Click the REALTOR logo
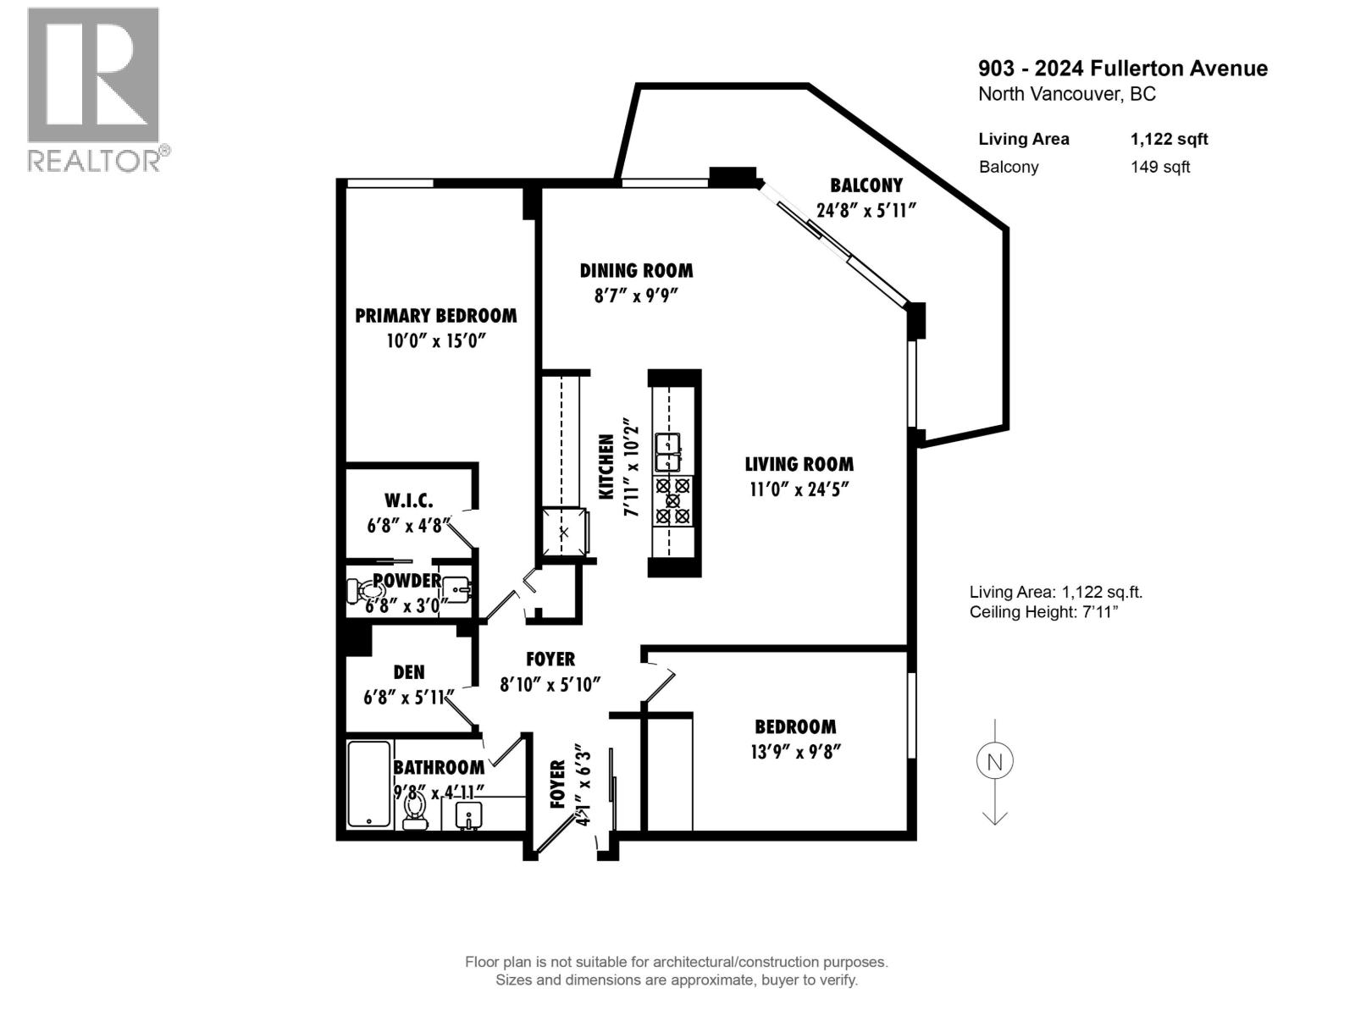tap(94, 89)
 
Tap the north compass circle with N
tap(994, 761)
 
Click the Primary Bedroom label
tap(435, 316)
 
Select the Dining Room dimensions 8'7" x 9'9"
tap(636, 295)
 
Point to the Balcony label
tap(866, 185)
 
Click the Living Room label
tap(799, 464)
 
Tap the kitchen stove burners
tap(672, 500)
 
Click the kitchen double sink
tap(669, 452)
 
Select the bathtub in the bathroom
tap(369, 783)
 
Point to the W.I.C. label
tap(408, 500)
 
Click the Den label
tap(409, 672)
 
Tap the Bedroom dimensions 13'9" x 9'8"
tap(795, 752)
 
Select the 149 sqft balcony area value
tap(1159, 167)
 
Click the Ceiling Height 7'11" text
tap(1043, 612)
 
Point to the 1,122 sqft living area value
tap(1169, 139)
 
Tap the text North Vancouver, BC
tap(1066, 94)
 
